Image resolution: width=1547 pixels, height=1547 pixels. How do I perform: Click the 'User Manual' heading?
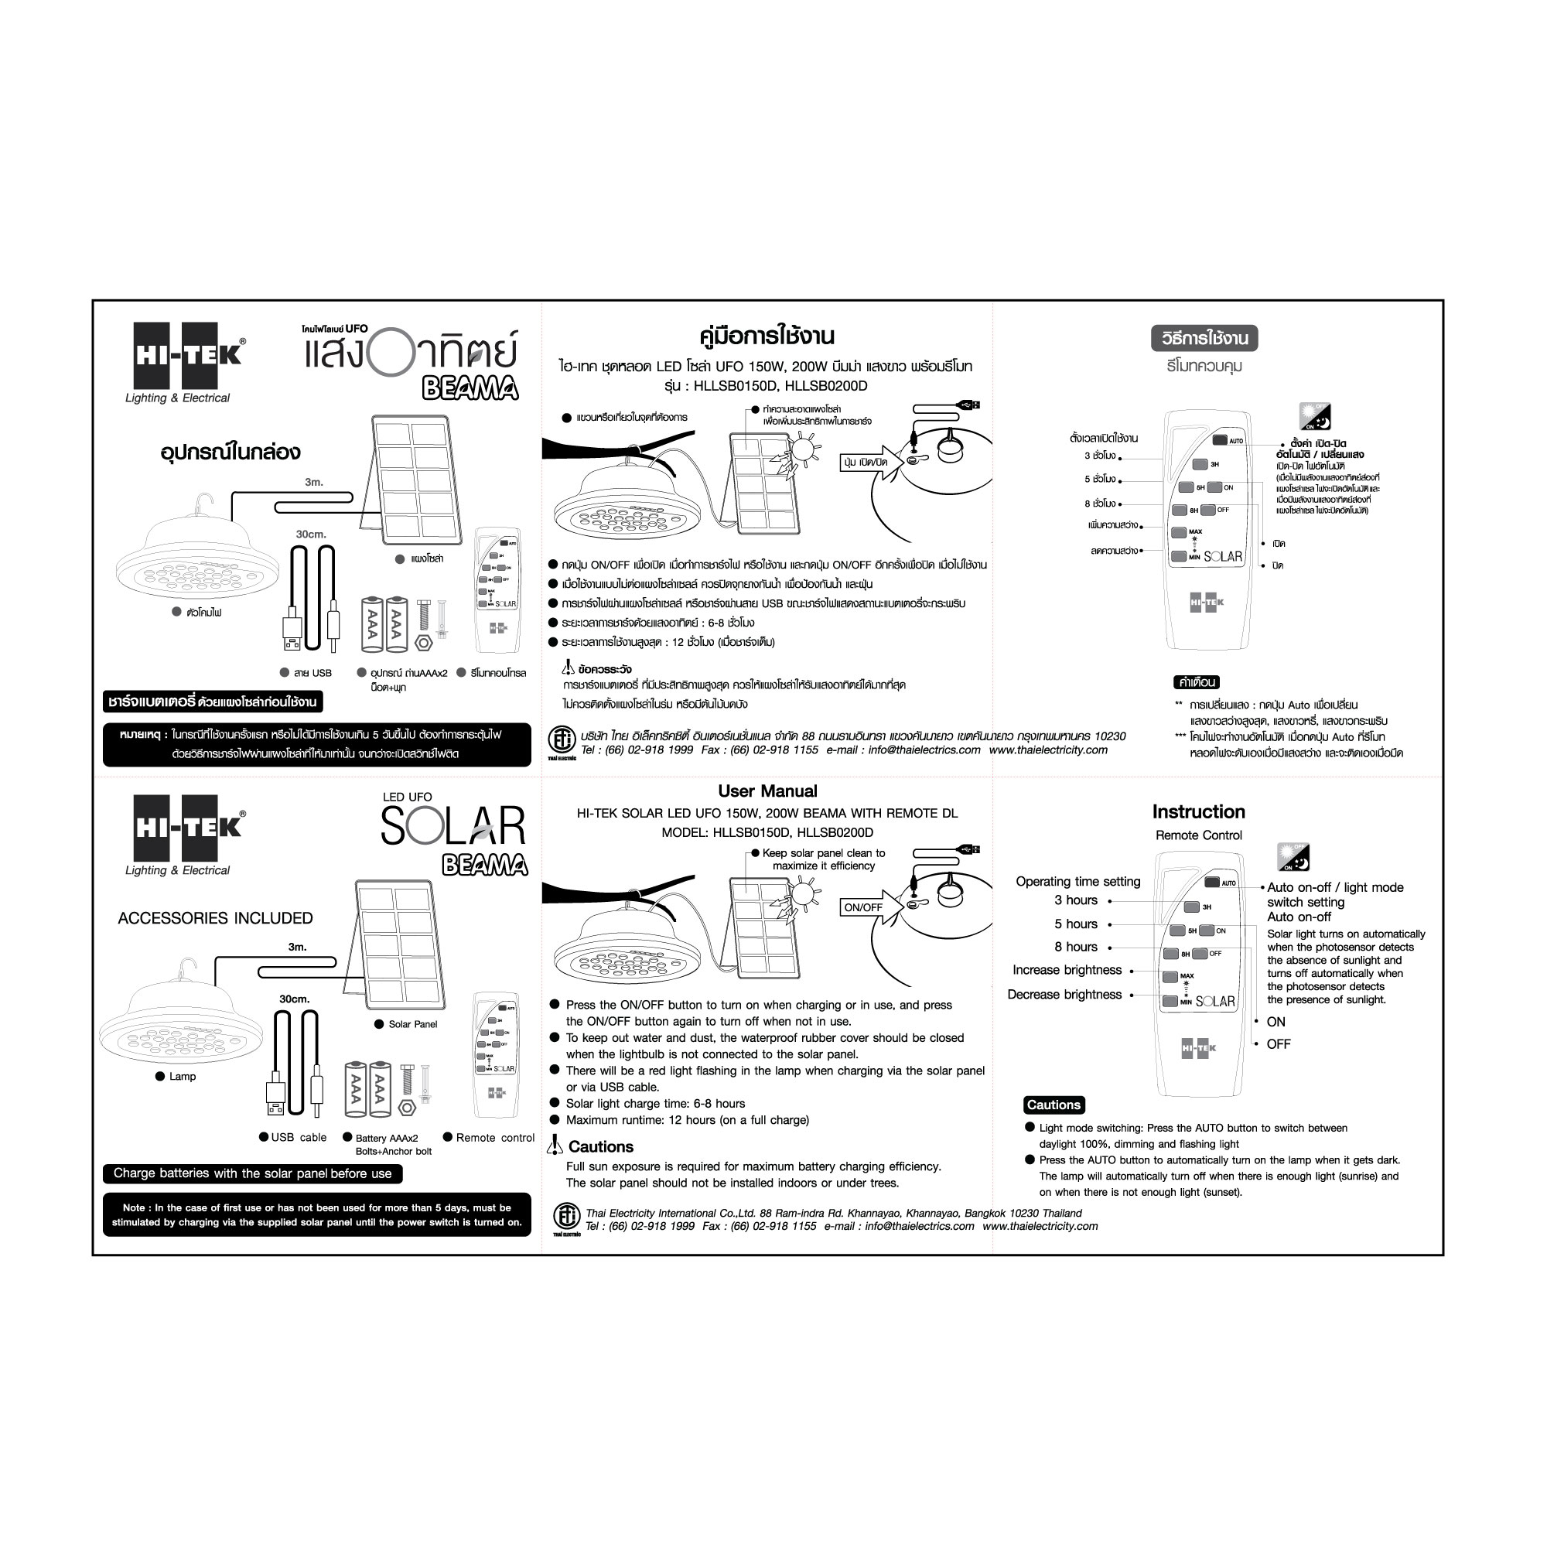point(767,791)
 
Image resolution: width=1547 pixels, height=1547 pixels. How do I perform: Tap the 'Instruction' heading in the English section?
point(1198,811)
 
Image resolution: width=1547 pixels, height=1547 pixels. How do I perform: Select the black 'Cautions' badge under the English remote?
point(1054,1105)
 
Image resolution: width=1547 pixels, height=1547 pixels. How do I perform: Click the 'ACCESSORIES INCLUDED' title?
point(215,917)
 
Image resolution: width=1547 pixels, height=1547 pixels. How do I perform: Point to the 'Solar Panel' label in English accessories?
point(412,1024)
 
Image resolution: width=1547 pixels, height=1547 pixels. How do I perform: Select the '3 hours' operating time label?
point(1075,900)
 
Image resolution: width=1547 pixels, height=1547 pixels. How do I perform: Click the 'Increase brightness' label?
point(1067,970)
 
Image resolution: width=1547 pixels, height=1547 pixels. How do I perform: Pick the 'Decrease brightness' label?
point(1064,995)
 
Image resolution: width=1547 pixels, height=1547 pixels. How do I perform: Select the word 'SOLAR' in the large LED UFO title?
point(453,826)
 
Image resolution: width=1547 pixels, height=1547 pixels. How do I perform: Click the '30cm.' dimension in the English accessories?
point(294,999)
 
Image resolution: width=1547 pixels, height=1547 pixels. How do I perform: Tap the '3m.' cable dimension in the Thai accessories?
point(314,482)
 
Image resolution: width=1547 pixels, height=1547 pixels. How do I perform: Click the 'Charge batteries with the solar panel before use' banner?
point(253,1173)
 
